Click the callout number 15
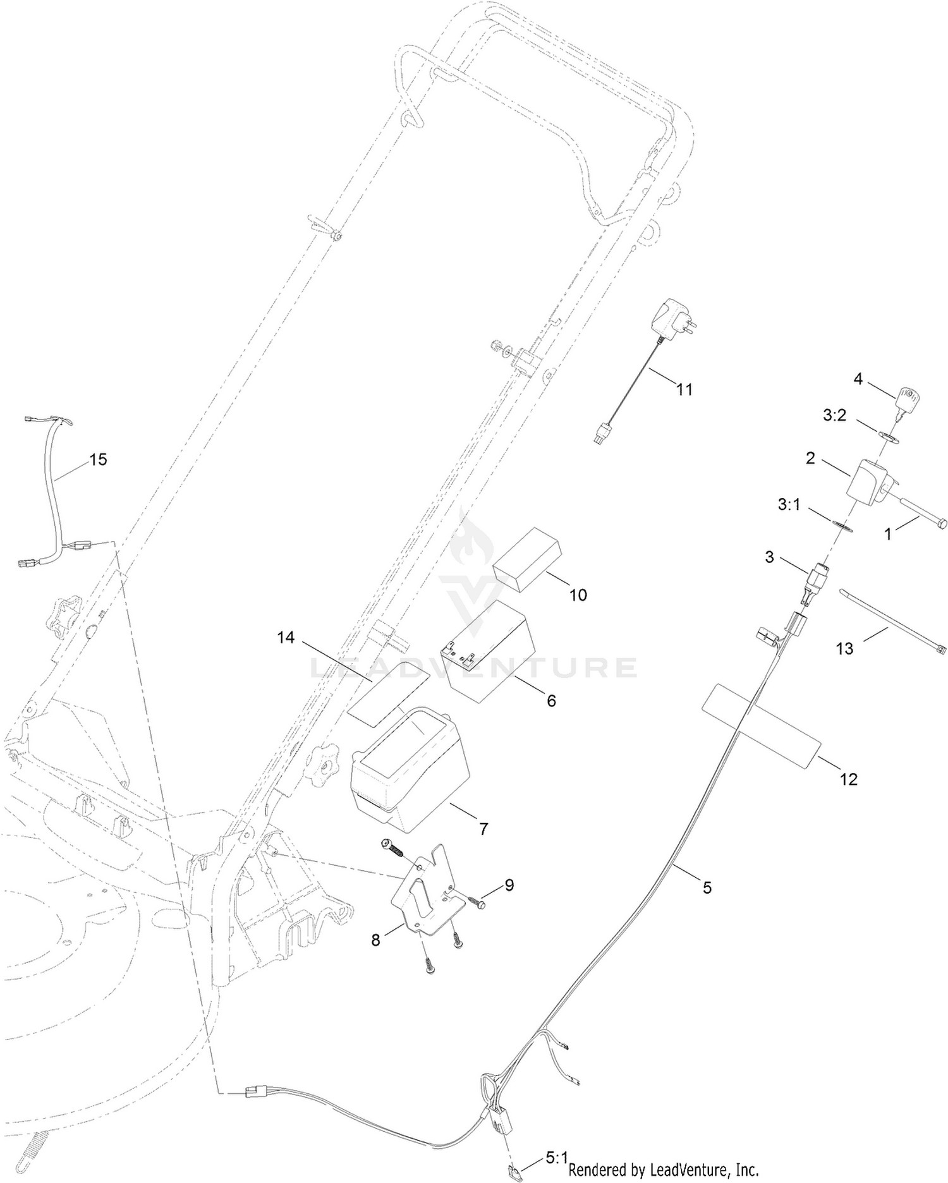[98, 459]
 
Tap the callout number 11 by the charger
[684, 389]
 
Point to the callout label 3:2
[836, 415]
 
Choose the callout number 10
[578, 595]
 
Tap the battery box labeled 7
[409, 768]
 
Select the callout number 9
[509, 885]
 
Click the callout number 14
[286, 638]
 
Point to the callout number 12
[849, 779]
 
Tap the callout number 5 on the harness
[707, 888]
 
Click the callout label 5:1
[556, 1158]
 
